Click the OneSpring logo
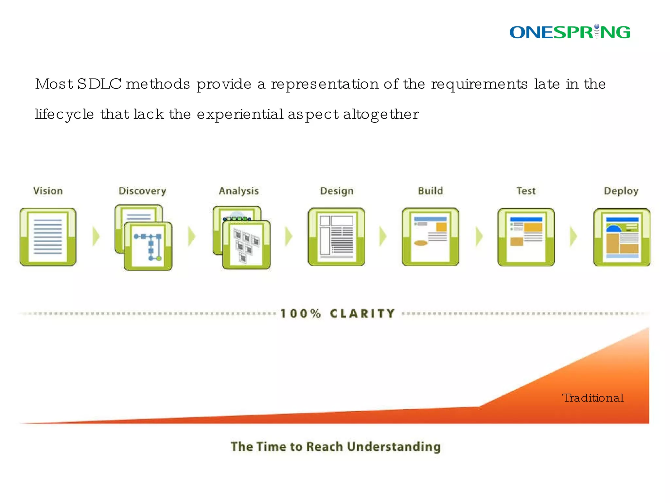(x=570, y=32)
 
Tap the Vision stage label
(x=48, y=191)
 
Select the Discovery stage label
(x=142, y=191)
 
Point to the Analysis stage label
(x=239, y=191)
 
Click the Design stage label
(x=337, y=191)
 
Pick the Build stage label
(x=430, y=191)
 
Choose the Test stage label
(x=526, y=191)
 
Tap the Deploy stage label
(x=621, y=191)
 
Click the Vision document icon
(x=48, y=237)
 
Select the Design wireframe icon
(x=336, y=237)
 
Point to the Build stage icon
(x=430, y=237)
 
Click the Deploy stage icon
(x=622, y=237)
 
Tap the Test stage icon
(x=526, y=237)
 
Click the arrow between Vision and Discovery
(x=96, y=236)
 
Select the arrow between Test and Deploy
(x=573, y=236)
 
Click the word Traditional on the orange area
(x=593, y=398)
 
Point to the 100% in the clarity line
(x=301, y=314)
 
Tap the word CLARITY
(x=362, y=314)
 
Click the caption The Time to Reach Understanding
(x=336, y=447)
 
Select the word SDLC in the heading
(x=99, y=84)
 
